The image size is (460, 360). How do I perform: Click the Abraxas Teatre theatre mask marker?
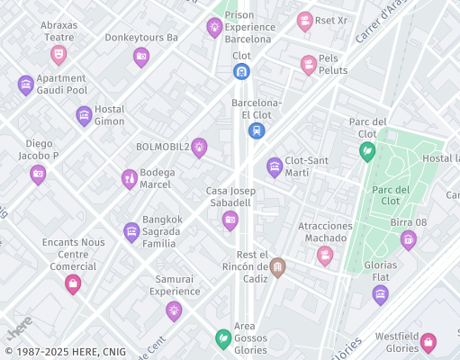[x=59, y=55]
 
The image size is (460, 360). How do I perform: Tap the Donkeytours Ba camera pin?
[x=140, y=58]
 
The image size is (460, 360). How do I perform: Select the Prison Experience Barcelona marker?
[x=214, y=27]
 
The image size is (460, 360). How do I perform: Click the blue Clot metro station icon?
[x=241, y=71]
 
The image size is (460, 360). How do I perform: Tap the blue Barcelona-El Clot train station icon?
[x=257, y=130]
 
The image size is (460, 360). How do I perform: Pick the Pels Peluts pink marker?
[x=309, y=64]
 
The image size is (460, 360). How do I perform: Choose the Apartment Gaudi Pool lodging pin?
[x=26, y=85]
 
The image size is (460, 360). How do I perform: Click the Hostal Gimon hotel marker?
[x=84, y=115]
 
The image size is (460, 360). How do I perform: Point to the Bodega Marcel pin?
[x=130, y=178]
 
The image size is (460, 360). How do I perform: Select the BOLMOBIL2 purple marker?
[x=199, y=147]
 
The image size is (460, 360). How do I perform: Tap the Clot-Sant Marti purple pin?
[x=275, y=166]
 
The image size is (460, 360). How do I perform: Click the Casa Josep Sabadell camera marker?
[x=230, y=220]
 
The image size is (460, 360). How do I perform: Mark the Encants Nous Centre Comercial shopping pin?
[x=72, y=283]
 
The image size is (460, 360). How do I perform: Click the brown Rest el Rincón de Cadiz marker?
[x=277, y=266]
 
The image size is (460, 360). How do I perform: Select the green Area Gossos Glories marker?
[x=222, y=338]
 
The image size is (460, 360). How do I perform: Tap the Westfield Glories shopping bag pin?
[x=428, y=342]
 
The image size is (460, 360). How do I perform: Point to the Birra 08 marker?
[x=408, y=238]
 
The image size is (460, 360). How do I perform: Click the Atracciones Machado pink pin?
[x=324, y=256]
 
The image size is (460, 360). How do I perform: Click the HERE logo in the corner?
[x=18, y=324]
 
